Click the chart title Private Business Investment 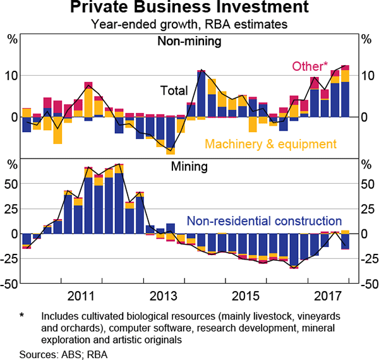tap(189, 9)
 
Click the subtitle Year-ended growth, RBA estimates tap(189, 25)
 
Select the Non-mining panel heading tap(189, 42)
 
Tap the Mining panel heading tap(189, 168)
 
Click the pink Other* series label tap(309, 66)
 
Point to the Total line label tap(175, 90)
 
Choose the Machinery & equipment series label tap(270, 144)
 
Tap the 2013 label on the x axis tap(163, 296)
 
